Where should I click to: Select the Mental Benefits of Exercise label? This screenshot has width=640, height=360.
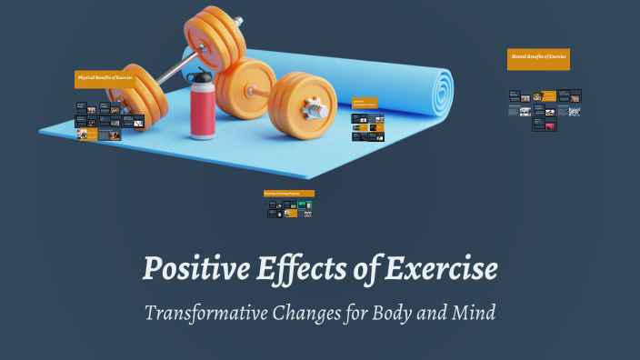pyautogui.click(x=538, y=57)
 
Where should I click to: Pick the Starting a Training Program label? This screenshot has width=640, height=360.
pyautogui.click(x=288, y=194)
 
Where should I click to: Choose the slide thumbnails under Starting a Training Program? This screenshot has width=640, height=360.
pyautogui.click(x=289, y=208)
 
